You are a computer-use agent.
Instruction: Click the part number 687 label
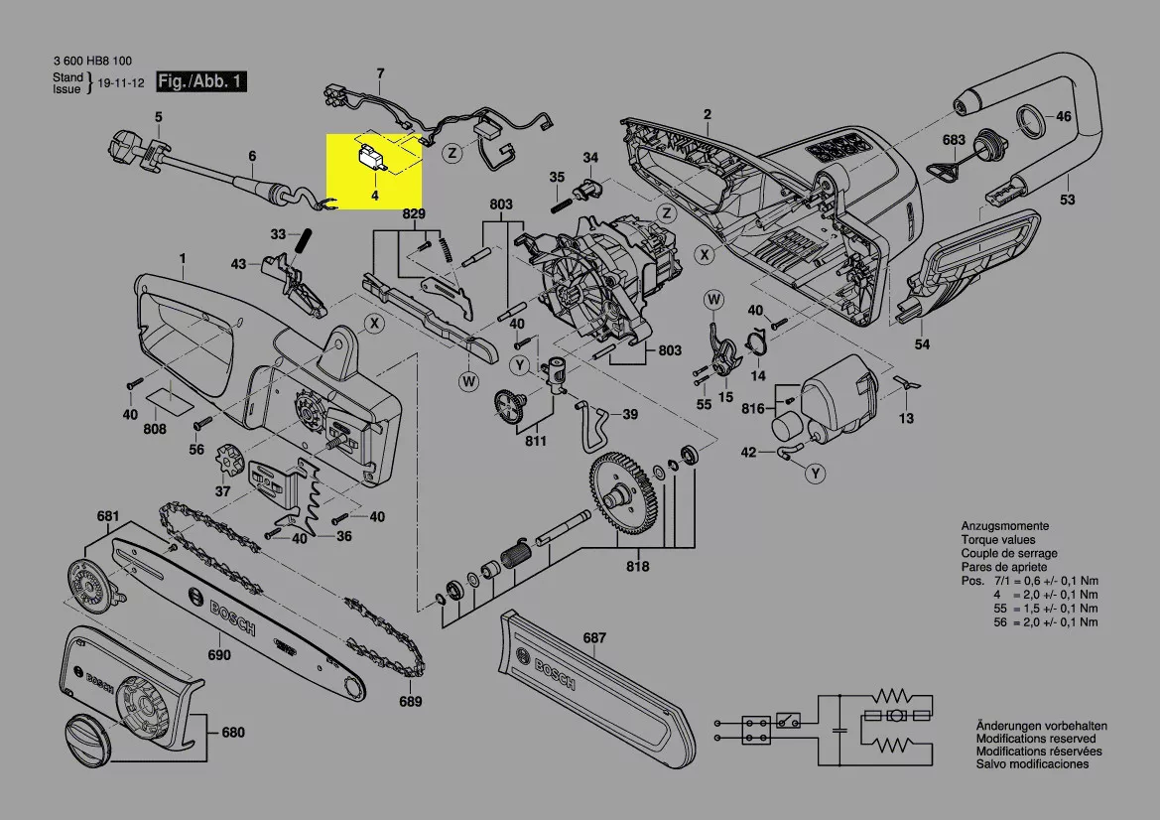click(594, 638)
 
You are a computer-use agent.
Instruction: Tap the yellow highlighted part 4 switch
click(374, 159)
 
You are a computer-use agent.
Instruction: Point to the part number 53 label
click(1067, 202)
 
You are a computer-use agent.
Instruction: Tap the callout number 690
click(218, 655)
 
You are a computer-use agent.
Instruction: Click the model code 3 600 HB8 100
click(97, 60)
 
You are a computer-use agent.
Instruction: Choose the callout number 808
click(154, 429)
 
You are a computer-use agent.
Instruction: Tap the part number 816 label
click(753, 408)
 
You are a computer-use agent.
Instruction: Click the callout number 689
click(410, 702)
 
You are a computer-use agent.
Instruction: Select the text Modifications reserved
click(1035, 740)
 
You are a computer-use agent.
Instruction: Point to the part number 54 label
click(922, 343)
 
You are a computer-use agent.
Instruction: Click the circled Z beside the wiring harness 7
click(452, 154)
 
